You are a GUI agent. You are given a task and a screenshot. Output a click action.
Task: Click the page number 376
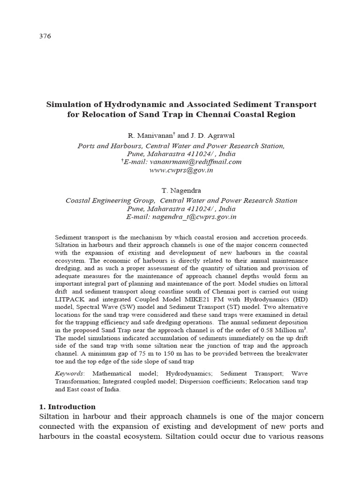pyautogui.click(x=45, y=36)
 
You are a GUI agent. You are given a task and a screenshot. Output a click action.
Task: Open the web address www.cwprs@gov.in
pyautogui.click(x=180, y=170)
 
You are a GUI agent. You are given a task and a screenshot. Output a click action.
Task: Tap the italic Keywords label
pyautogui.click(x=69, y=374)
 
